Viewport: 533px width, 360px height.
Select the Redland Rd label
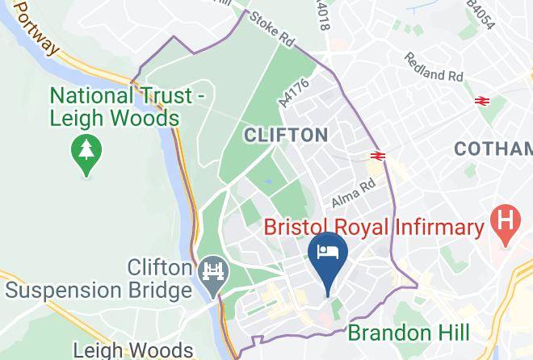pyautogui.click(x=434, y=68)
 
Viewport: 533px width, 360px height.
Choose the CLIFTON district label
pyautogui.click(x=287, y=135)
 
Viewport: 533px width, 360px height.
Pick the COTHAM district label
pyautogui.click(x=493, y=149)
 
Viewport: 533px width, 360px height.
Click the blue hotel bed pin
pyautogui.click(x=328, y=253)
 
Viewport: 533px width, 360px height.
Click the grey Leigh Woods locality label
pyautogui.click(x=133, y=350)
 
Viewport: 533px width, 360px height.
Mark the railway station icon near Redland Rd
pyautogui.click(x=482, y=100)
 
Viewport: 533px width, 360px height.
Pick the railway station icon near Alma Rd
pyautogui.click(x=377, y=155)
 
